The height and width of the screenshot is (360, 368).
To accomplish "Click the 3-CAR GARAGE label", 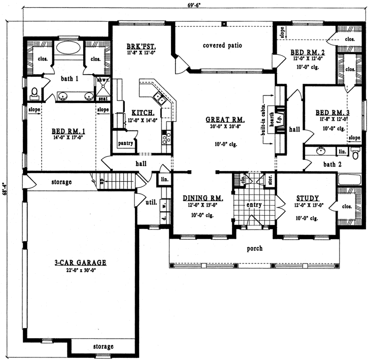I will [80, 263].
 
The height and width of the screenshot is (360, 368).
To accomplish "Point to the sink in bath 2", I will [321, 151].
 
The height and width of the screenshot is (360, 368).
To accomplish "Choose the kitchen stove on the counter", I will [165, 137].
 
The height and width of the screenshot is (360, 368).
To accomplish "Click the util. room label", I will [150, 202].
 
